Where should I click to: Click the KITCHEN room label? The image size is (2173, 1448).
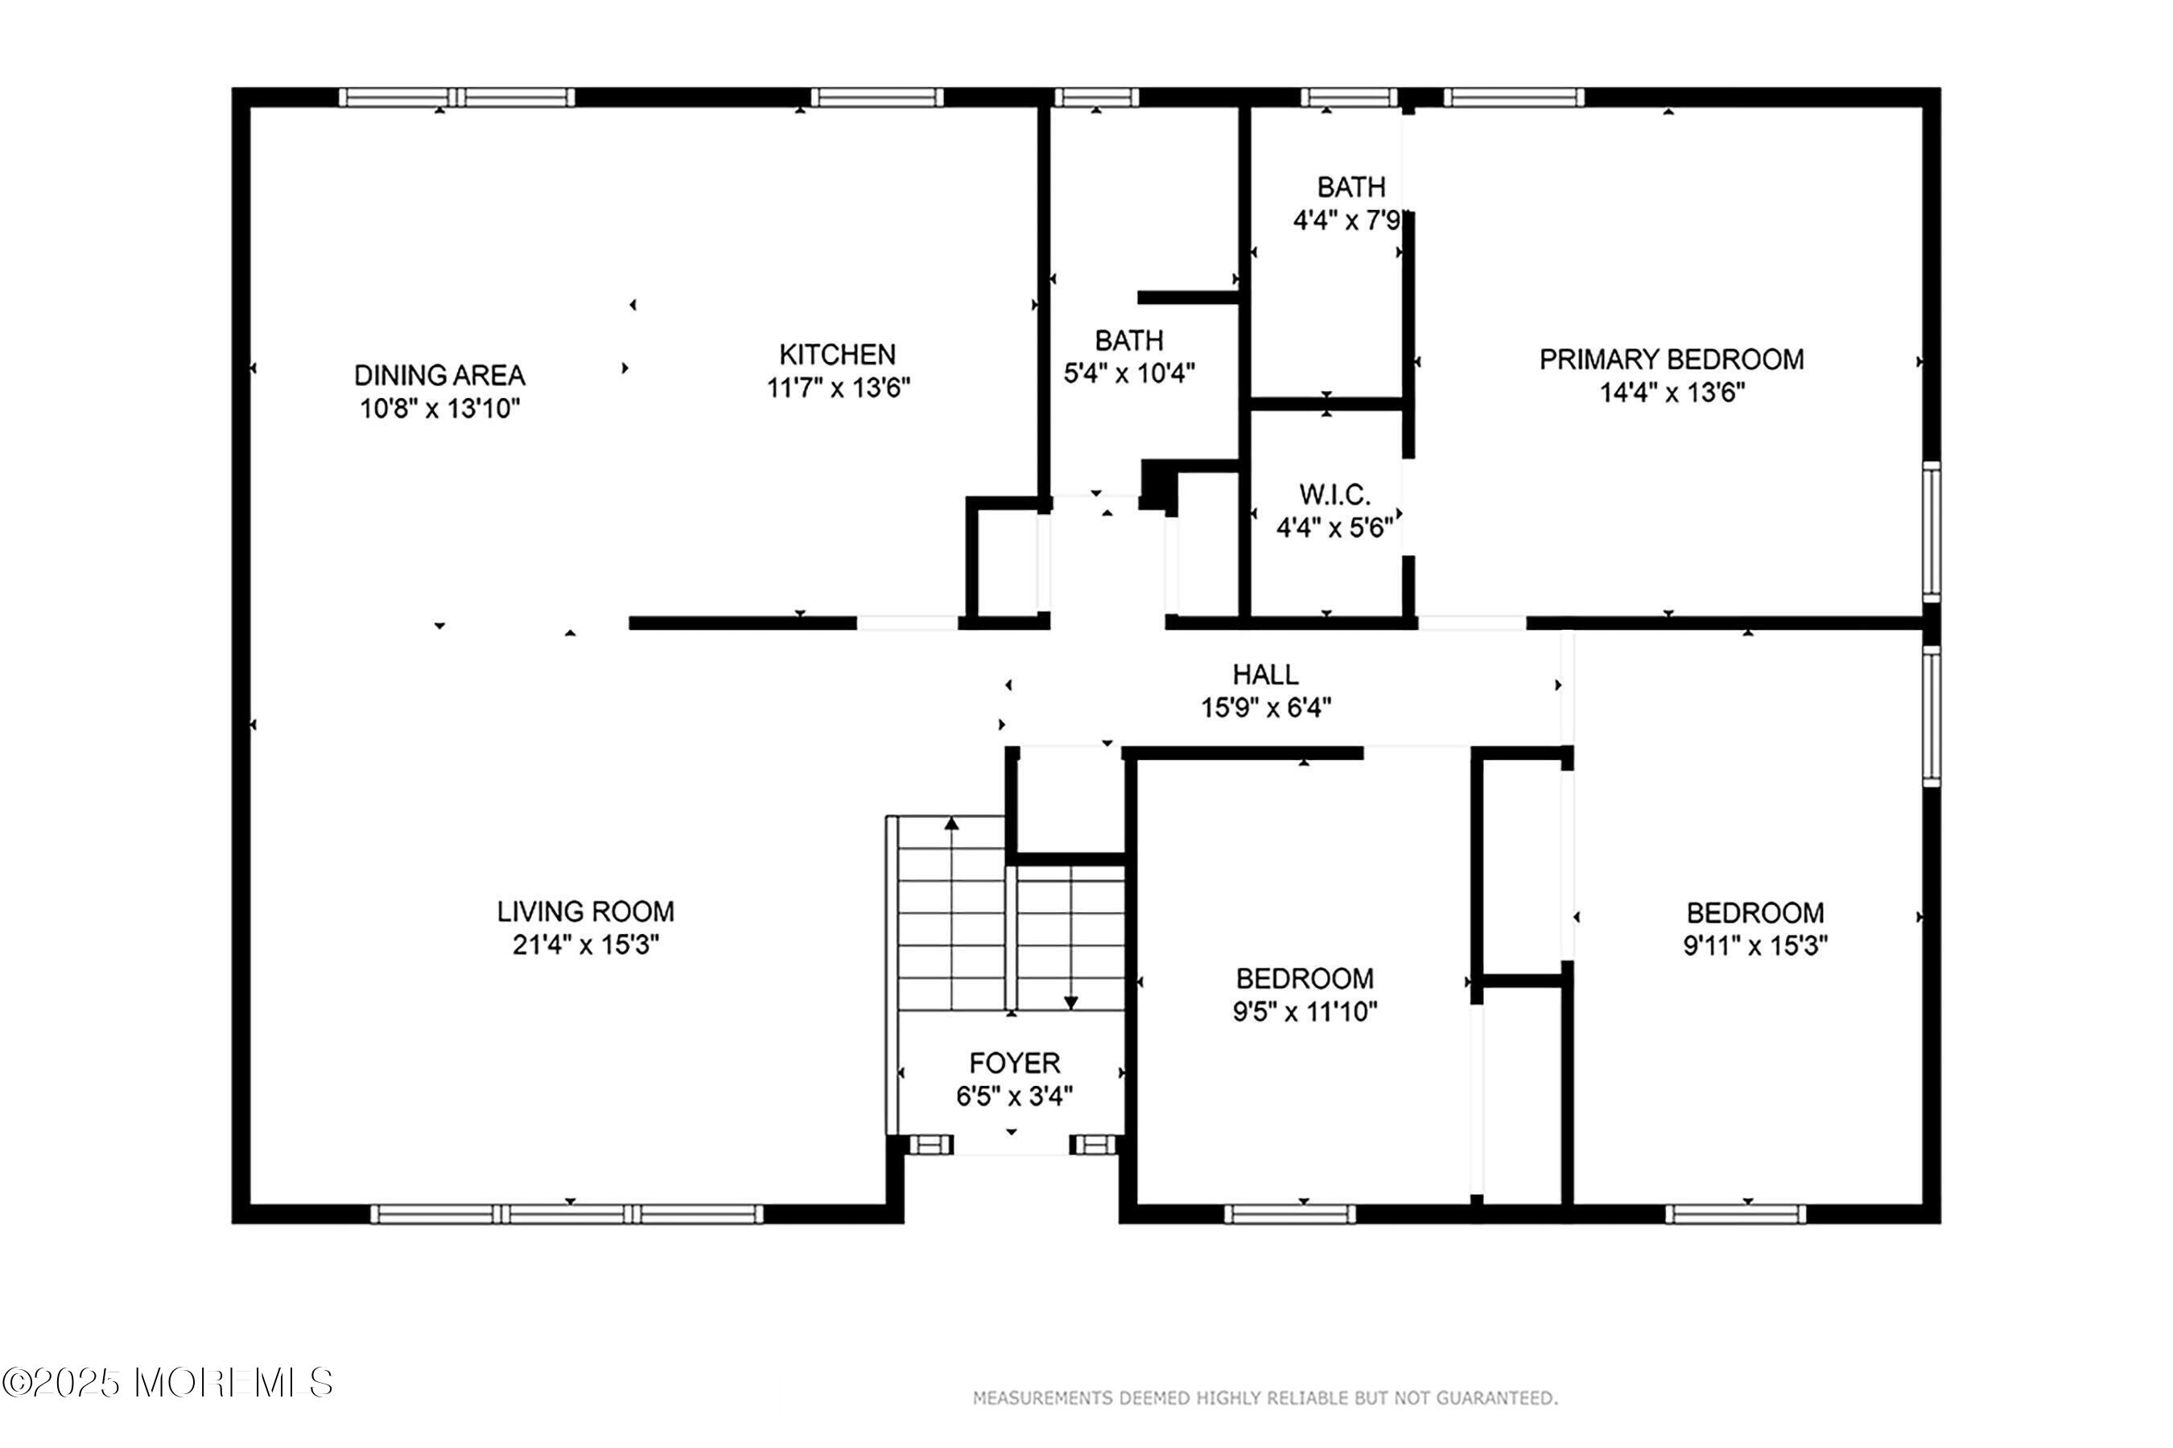coord(837,355)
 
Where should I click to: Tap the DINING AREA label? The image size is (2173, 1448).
coord(439,375)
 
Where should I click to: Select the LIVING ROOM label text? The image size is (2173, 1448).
coord(586,911)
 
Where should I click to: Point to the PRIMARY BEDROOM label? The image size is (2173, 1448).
coord(1672,360)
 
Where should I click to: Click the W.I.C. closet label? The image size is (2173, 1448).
coord(1334,495)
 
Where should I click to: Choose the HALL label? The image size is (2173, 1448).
coord(1266,674)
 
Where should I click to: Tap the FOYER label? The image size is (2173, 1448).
coord(1014,1063)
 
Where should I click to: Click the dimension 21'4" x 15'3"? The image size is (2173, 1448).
coord(586,944)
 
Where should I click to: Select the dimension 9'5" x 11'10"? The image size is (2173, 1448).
coord(1305,1011)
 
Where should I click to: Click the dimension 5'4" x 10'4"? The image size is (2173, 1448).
coord(1129,373)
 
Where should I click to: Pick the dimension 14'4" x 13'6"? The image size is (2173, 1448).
coord(1672,393)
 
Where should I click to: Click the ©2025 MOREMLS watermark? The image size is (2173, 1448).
coord(167,1382)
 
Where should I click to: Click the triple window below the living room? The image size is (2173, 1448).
coord(567,1213)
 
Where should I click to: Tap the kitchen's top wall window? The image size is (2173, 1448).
coord(876,97)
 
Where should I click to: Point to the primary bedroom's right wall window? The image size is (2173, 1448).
coord(1931,531)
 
